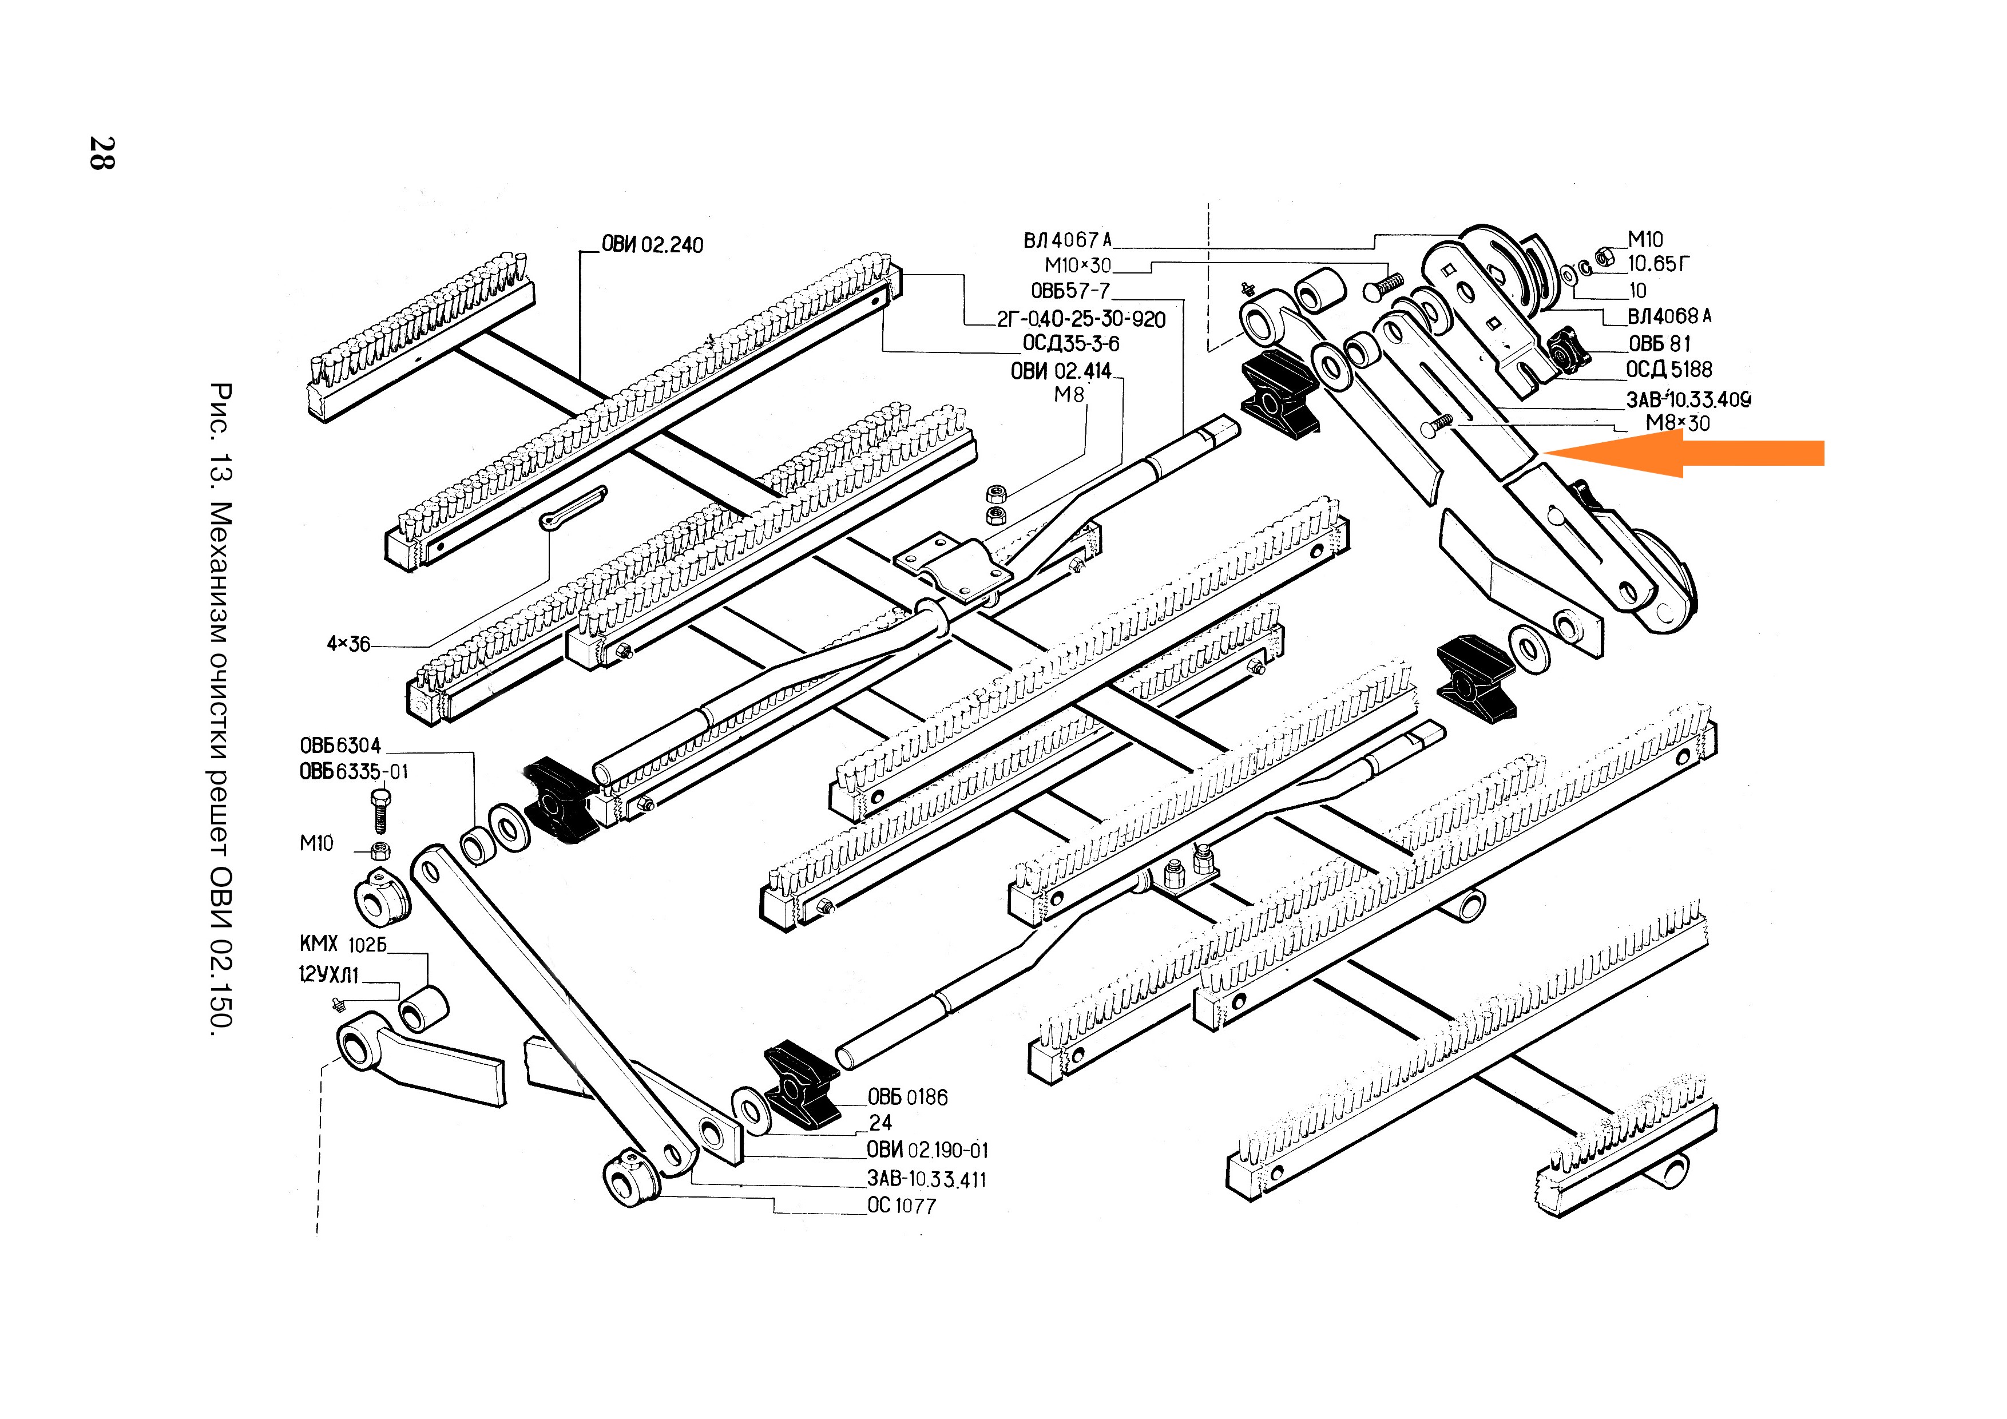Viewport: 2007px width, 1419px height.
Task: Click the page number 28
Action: click(101, 153)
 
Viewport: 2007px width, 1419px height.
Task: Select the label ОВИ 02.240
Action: click(652, 245)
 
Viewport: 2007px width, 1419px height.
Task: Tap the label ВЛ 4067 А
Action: click(1068, 240)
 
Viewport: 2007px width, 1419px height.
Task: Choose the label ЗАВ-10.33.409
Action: click(1688, 399)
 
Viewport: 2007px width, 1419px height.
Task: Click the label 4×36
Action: click(348, 644)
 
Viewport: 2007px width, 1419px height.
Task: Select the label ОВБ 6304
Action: click(340, 746)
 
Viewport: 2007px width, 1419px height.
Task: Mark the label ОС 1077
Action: click(901, 1206)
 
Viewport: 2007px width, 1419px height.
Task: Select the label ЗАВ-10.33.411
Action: click(927, 1179)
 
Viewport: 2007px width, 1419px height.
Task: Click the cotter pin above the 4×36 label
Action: click(573, 508)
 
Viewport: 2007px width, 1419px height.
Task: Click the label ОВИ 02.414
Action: click(1060, 371)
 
